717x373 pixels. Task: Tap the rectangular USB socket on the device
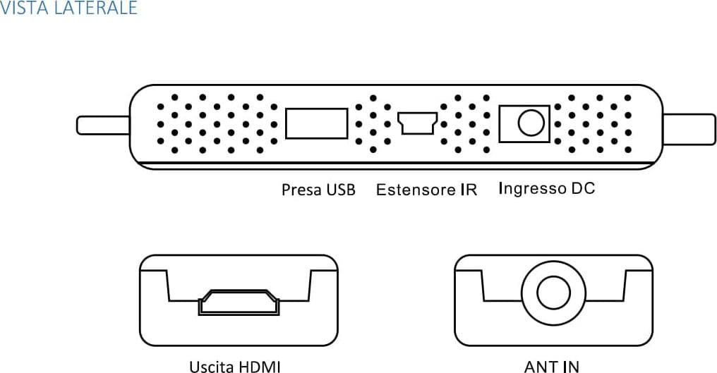pyautogui.click(x=316, y=123)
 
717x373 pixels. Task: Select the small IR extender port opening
pyautogui.click(x=417, y=123)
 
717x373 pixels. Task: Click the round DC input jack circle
pyautogui.click(x=531, y=123)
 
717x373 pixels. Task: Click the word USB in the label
pyautogui.click(x=340, y=190)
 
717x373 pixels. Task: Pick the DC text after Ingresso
pyautogui.click(x=583, y=188)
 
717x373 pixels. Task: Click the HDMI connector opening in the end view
pyautogui.click(x=239, y=302)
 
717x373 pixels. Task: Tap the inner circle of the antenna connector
pyautogui.click(x=553, y=293)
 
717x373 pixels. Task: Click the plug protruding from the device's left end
pyautogui.click(x=103, y=126)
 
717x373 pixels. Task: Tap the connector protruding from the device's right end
pyautogui.click(x=689, y=129)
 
